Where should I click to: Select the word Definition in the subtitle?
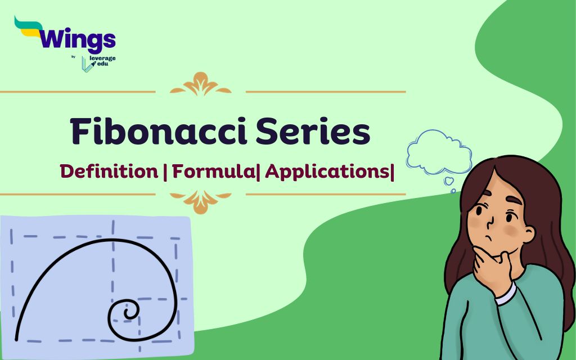[109, 172]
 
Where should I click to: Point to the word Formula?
[213, 172]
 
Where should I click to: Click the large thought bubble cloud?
[439, 152]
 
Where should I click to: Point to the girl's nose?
[490, 222]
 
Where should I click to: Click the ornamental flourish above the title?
[201, 84]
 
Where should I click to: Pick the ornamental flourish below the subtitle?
[201, 201]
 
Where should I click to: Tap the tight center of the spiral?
[129, 313]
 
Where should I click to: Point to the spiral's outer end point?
[16, 339]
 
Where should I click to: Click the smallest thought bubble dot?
[453, 191]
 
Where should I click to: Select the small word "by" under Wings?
[74, 57]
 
